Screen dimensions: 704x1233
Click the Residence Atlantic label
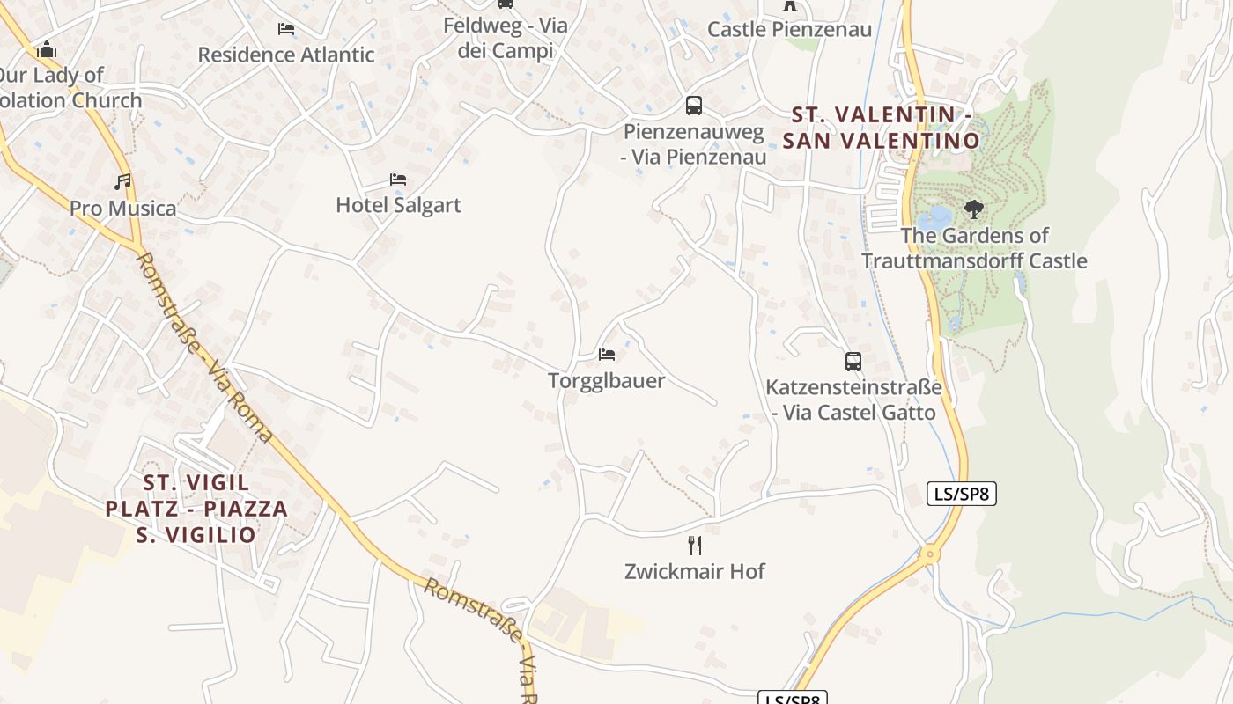point(285,55)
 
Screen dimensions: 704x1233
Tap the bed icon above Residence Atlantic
point(286,29)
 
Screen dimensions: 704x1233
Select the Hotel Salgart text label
point(398,205)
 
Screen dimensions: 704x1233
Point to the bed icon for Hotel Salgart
point(398,180)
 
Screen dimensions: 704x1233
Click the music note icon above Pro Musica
point(122,182)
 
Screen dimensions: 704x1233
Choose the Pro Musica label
point(122,209)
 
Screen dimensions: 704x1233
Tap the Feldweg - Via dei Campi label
point(506,38)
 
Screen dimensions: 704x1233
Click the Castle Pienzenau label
point(789,30)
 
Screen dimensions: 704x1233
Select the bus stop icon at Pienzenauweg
point(694,106)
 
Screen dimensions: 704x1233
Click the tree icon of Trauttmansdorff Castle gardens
point(973,209)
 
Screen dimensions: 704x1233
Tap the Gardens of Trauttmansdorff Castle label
point(974,248)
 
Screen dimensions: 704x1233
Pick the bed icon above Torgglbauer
point(607,355)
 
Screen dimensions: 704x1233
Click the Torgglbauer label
point(606,381)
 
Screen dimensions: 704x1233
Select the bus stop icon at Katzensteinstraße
point(853,361)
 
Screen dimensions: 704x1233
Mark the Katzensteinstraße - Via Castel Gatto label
point(853,400)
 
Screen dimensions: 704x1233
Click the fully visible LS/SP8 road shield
point(962,494)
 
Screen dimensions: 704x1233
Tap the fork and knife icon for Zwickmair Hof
point(695,546)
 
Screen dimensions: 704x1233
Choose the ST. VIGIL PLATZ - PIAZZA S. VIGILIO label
point(196,509)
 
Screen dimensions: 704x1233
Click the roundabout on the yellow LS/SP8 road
point(928,554)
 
